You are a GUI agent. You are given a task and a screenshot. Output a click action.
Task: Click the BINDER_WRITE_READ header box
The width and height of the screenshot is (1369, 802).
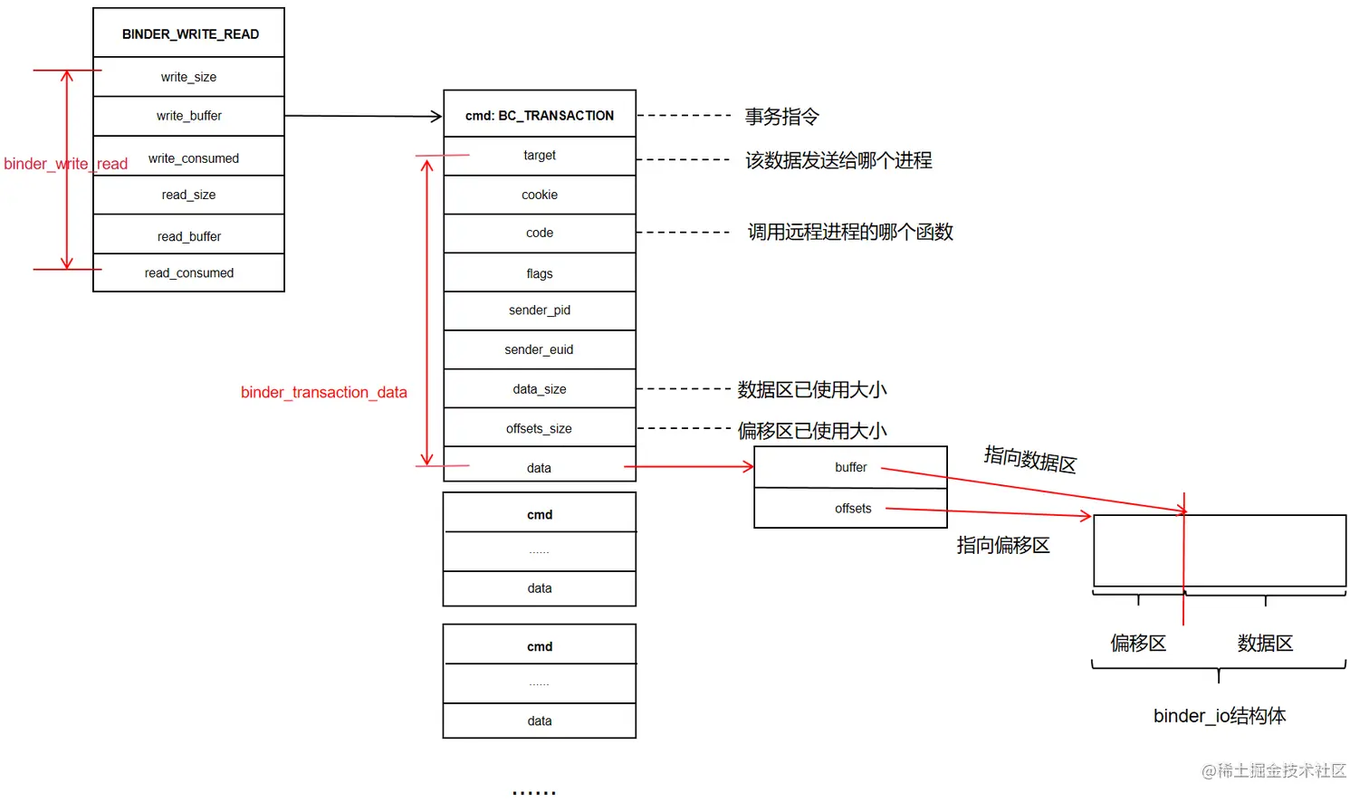pos(189,33)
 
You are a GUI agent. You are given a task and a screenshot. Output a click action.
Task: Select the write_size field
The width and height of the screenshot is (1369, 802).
pos(188,77)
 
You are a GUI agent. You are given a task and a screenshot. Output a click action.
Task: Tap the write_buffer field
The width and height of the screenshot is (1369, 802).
pos(188,116)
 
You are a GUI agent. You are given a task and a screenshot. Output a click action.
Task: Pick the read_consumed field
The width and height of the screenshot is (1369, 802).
pos(188,272)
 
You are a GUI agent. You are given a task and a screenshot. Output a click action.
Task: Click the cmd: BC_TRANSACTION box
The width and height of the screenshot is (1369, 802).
pos(540,115)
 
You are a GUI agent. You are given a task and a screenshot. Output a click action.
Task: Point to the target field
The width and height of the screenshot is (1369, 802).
pos(540,156)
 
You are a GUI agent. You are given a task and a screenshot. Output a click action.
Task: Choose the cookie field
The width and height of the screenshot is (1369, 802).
pos(540,195)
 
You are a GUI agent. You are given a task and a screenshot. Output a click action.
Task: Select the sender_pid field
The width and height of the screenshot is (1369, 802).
pos(540,310)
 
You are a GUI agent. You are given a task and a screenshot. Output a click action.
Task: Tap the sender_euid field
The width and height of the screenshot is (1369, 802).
pos(540,349)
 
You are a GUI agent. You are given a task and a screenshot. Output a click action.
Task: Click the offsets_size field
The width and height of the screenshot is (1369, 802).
pos(540,428)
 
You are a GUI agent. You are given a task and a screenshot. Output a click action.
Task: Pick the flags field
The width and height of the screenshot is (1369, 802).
pos(540,272)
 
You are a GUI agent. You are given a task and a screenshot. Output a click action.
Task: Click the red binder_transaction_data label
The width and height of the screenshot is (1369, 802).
pos(323,392)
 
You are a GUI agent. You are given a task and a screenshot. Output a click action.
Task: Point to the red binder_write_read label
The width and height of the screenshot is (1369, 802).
pos(65,164)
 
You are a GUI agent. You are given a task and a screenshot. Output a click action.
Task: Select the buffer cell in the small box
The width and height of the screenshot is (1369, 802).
pos(850,467)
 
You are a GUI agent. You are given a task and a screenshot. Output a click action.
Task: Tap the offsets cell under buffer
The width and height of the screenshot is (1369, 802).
pos(852,509)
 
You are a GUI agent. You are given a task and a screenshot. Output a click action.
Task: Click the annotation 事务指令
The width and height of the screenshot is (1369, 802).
pos(781,117)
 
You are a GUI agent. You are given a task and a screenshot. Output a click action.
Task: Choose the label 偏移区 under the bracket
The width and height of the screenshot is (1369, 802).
pos(1138,643)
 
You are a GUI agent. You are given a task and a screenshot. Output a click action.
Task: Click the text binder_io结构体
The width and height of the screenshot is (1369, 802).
pos(1219,716)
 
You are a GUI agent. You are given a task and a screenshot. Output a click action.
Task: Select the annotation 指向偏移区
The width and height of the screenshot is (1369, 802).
pos(1003,545)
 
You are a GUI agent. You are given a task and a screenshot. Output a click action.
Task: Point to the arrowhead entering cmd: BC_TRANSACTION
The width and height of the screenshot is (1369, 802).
pos(436,116)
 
